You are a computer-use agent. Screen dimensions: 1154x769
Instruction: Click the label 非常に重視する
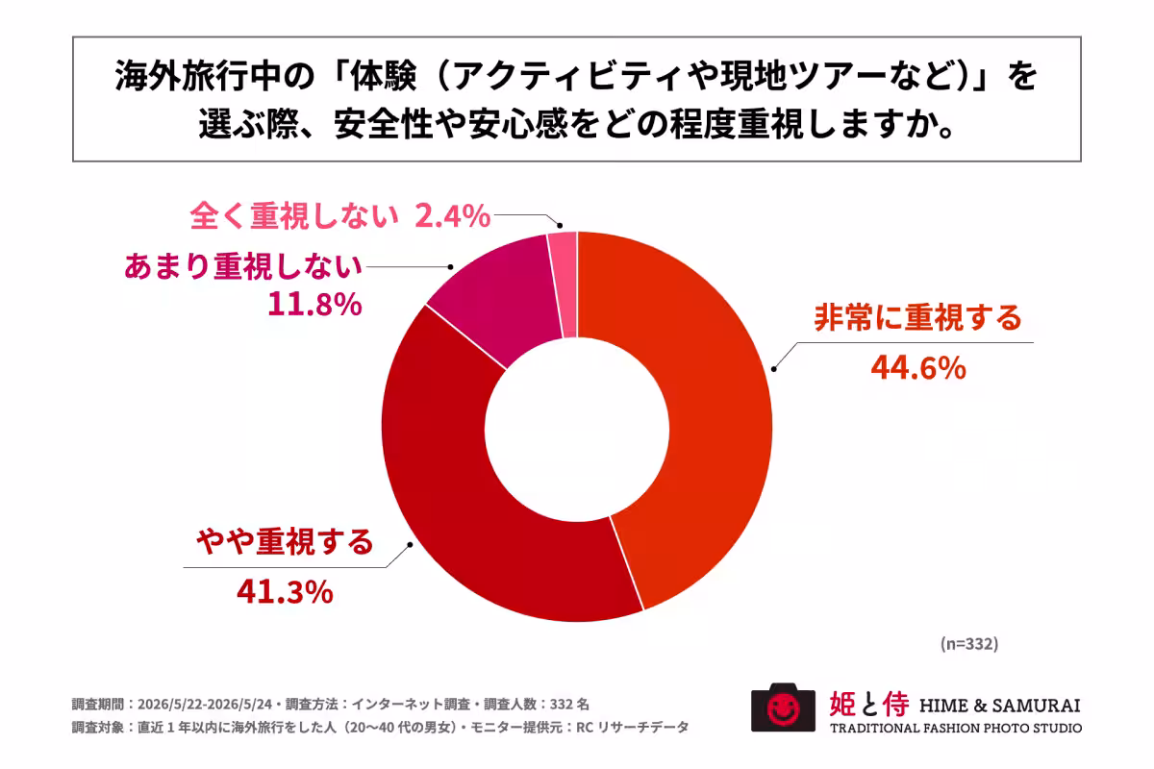coord(918,317)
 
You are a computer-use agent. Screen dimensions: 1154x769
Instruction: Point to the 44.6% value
coord(918,368)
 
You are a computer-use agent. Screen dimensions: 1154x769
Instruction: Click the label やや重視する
coord(285,541)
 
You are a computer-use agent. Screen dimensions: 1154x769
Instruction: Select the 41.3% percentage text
coord(285,592)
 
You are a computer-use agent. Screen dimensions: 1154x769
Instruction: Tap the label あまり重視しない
coord(243,266)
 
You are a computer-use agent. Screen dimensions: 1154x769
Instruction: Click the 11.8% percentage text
coord(314,305)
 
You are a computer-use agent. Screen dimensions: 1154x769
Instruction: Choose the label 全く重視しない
coord(294,215)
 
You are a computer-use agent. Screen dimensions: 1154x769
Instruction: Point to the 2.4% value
coord(452,216)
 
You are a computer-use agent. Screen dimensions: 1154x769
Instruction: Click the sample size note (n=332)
coord(969,644)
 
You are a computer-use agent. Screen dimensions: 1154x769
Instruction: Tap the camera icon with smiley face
coord(783,707)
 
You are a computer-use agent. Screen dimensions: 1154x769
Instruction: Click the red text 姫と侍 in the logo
coord(869,704)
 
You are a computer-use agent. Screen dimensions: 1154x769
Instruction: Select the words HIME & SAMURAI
coord(1000,706)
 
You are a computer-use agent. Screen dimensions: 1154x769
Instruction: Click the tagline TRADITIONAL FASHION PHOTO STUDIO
coord(956,729)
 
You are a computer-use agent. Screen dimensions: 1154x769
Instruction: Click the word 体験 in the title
coord(383,76)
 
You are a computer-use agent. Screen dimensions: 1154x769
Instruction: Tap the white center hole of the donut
coord(577,429)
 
